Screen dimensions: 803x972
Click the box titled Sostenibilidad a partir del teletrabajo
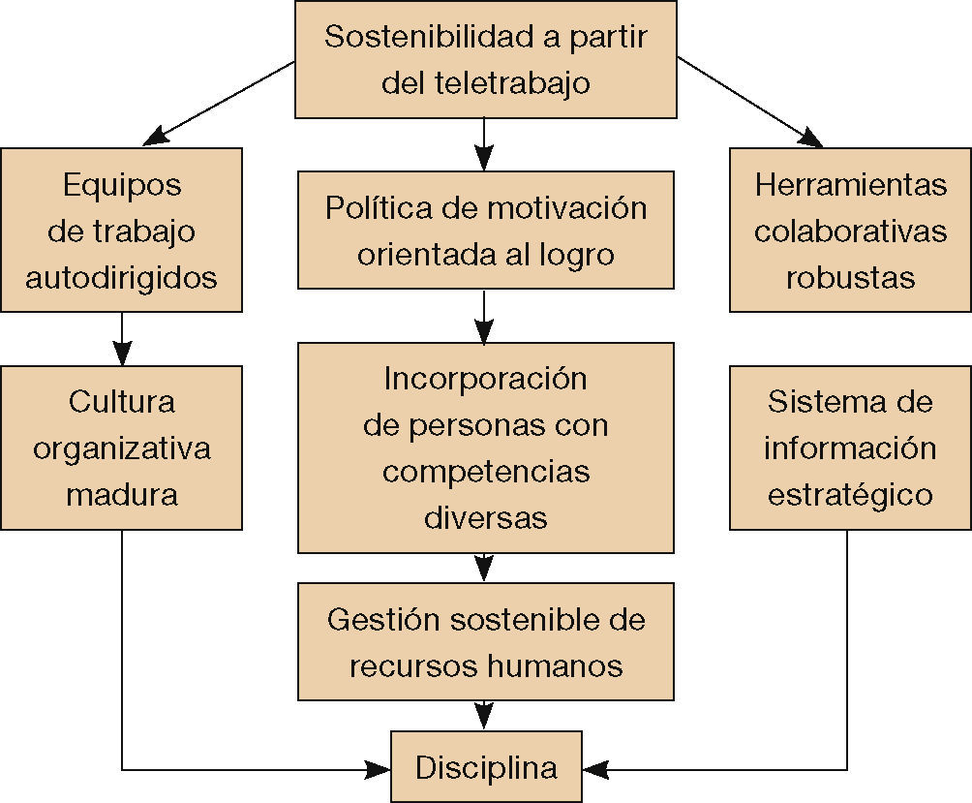(x=485, y=60)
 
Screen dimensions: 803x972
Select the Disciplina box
(x=486, y=768)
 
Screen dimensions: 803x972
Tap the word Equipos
(x=121, y=184)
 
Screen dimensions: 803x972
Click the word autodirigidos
(x=121, y=278)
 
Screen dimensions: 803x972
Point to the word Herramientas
(x=850, y=184)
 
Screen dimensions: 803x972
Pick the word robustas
(x=850, y=278)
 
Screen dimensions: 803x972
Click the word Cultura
(x=121, y=401)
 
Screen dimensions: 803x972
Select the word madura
(x=121, y=495)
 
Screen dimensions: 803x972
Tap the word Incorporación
(x=485, y=378)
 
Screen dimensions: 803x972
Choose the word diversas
(x=485, y=517)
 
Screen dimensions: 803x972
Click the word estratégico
(x=850, y=495)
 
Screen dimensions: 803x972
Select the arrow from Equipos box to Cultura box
(x=121, y=338)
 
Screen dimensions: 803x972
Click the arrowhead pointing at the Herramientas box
(x=811, y=140)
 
